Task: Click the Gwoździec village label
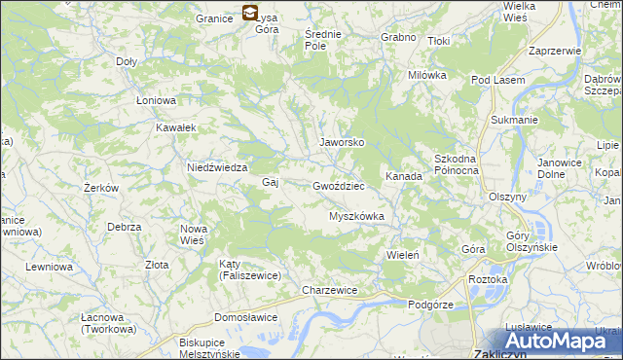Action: click(339, 185)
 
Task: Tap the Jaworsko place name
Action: click(342, 142)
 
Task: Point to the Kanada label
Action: click(403, 177)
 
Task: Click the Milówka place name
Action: click(427, 75)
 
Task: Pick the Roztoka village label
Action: click(488, 279)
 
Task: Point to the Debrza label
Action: click(125, 227)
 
